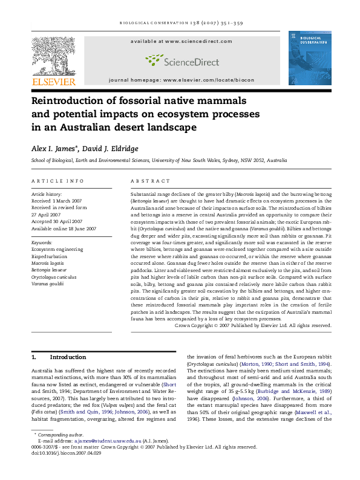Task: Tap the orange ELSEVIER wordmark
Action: pyautogui.click(x=54, y=82)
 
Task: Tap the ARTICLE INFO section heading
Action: pyautogui.click(x=57, y=181)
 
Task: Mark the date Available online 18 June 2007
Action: pyautogui.click(x=64, y=228)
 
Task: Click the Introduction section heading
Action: pyautogui.click(x=68, y=357)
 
